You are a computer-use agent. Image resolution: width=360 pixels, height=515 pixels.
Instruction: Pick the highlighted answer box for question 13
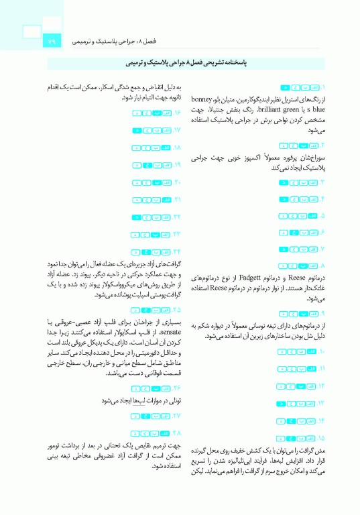click(x=282, y=403)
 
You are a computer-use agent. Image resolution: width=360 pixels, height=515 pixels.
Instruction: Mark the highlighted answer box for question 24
click(x=135, y=252)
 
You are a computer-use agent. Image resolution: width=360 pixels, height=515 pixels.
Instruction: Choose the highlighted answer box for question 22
click(x=137, y=217)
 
